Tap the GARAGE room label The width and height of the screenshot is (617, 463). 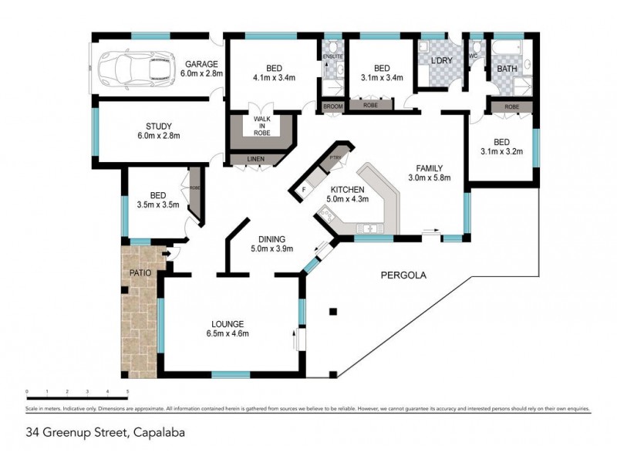[x=201, y=64]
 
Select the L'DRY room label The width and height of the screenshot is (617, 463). [x=441, y=60]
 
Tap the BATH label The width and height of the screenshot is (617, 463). [x=507, y=69]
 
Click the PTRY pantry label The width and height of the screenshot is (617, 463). [x=334, y=158]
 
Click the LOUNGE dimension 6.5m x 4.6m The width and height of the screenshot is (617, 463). [x=227, y=333]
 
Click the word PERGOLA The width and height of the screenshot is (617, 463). [x=403, y=275]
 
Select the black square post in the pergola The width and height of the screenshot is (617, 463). [x=332, y=312]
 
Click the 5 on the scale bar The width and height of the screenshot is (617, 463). [x=127, y=394]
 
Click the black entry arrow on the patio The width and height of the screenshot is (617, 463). [x=167, y=252]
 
